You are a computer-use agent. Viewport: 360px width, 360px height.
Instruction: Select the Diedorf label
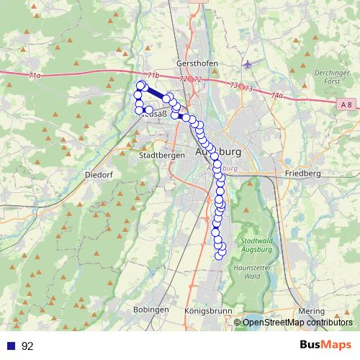click(x=97, y=174)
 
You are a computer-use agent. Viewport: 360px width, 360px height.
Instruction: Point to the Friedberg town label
click(x=302, y=174)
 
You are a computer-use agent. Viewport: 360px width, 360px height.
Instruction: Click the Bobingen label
click(x=150, y=309)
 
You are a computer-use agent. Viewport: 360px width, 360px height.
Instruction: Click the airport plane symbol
click(x=248, y=64)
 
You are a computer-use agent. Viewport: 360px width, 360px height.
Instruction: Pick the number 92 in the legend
click(x=27, y=346)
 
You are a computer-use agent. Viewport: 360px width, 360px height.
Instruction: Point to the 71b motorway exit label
click(x=153, y=75)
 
